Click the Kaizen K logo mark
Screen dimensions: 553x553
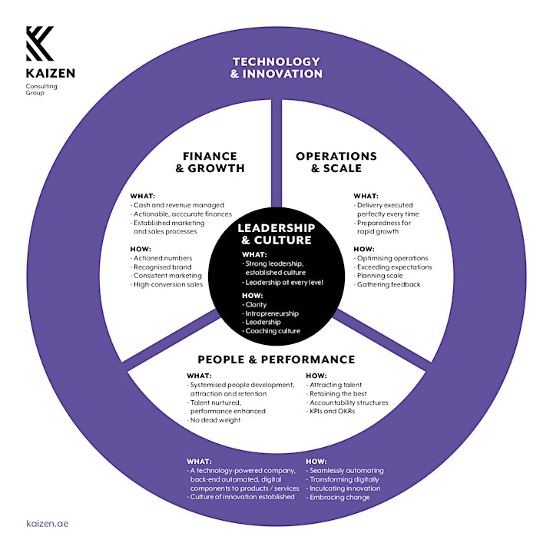[x=40, y=43]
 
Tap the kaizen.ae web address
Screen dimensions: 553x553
[x=48, y=523]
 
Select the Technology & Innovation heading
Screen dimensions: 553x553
[x=276, y=68]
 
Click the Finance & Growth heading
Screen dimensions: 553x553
[x=210, y=162]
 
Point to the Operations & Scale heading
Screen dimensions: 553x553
[x=336, y=162]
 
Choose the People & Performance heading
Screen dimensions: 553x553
[x=276, y=359]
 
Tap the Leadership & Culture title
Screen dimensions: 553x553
[x=276, y=233]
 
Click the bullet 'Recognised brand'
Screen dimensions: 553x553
[x=161, y=267]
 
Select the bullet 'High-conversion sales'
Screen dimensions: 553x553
[x=167, y=285]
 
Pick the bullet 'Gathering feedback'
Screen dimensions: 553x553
[x=387, y=285]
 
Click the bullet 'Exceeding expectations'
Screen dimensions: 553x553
[x=393, y=267]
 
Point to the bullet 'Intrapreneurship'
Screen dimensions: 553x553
[x=270, y=313]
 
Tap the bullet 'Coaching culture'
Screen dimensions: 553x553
[x=271, y=331]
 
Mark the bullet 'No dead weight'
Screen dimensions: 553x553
[x=214, y=420]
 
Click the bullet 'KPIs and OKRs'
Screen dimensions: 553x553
[x=330, y=411]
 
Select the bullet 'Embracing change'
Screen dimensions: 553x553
[x=338, y=497]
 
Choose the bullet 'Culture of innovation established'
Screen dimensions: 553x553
[x=241, y=497]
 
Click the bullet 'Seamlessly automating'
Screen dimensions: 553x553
[x=345, y=471]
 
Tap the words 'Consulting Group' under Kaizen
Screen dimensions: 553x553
[x=41, y=89]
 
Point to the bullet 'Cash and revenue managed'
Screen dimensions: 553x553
[x=177, y=205]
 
